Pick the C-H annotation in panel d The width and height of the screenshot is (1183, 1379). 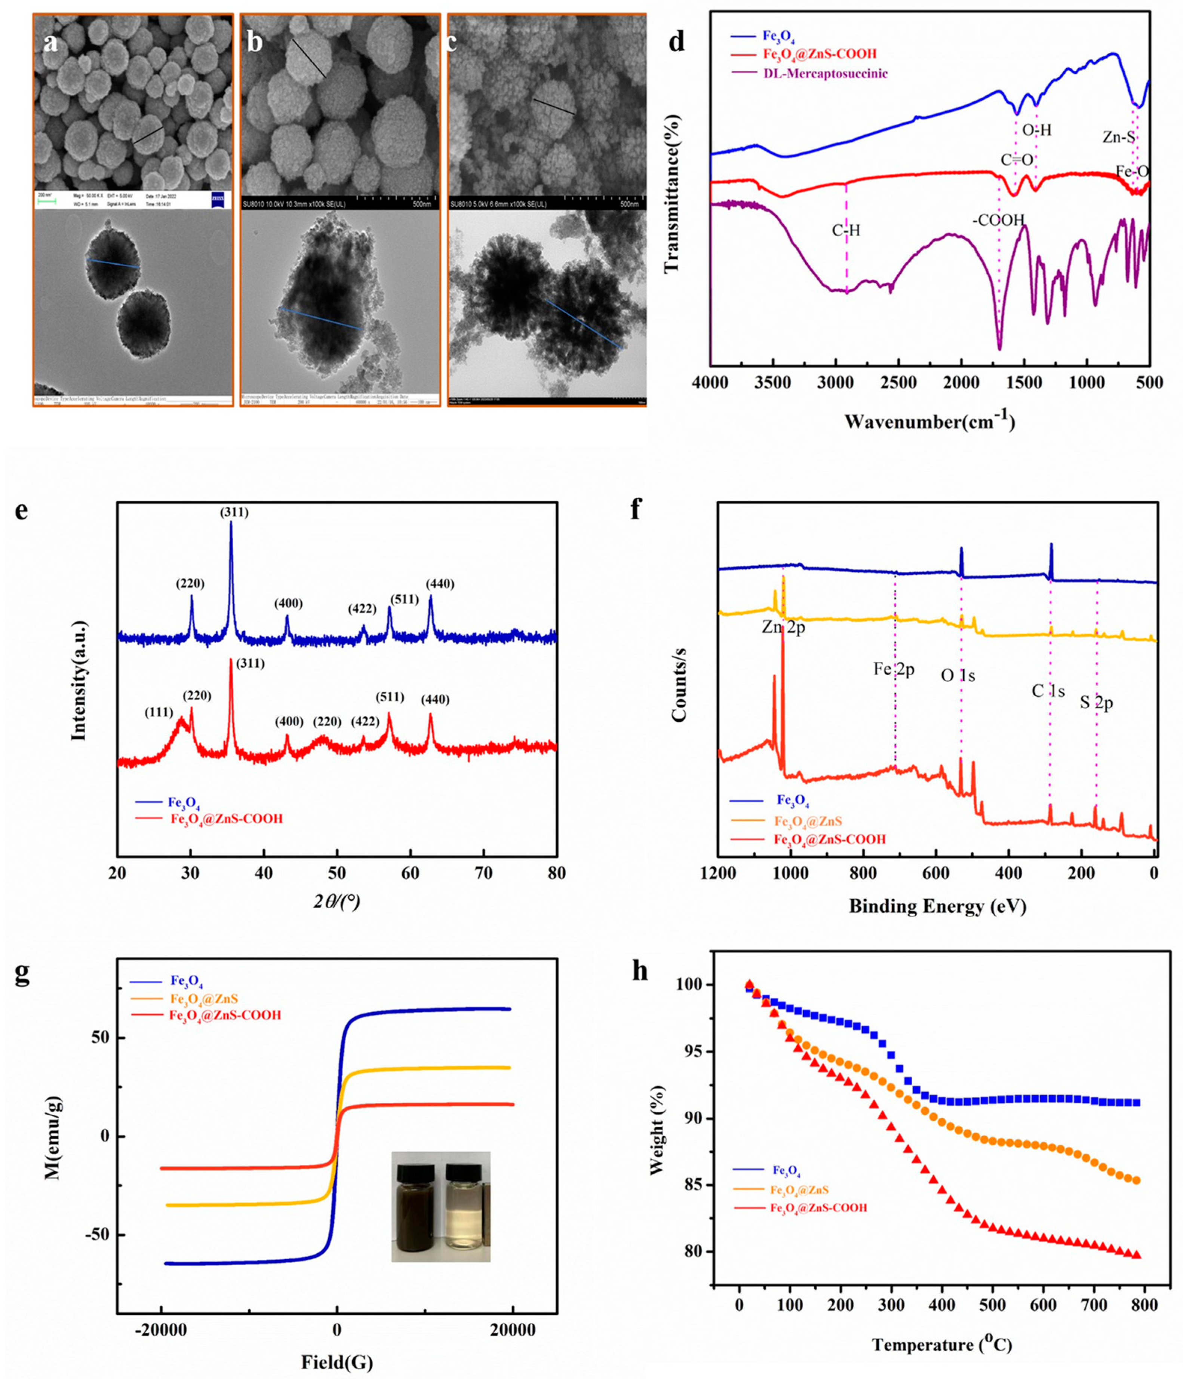tap(846, 231)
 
